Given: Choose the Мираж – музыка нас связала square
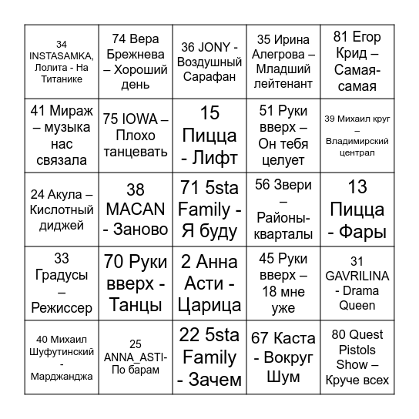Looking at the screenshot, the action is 62,135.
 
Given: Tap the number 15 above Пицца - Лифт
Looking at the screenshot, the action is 209,112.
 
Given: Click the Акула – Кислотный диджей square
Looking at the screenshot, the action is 62,209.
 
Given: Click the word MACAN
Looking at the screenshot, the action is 135,209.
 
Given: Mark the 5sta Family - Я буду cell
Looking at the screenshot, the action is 209,209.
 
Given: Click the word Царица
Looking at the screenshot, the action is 209,305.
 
